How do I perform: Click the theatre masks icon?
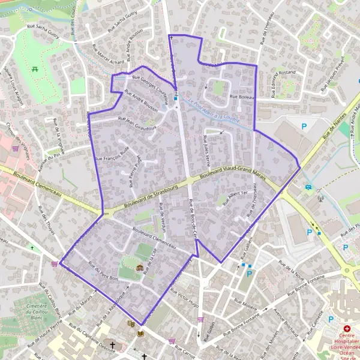click(131, 323)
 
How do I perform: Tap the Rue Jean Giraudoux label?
click(137, 123)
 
